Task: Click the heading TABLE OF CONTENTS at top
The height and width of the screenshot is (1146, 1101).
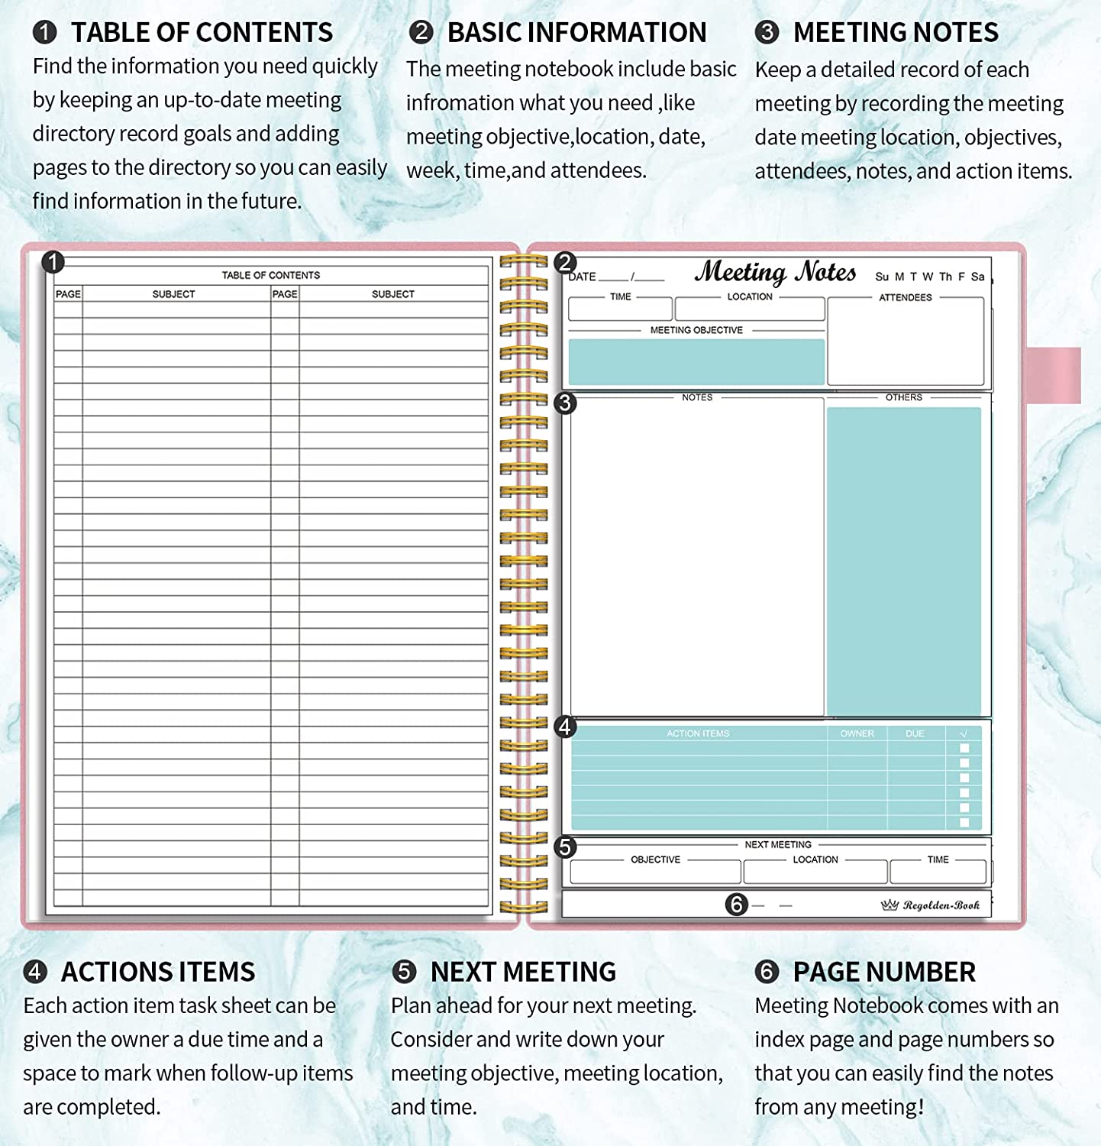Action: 202,33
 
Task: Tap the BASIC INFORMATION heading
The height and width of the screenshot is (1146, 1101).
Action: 576,33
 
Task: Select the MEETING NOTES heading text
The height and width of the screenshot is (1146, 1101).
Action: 896,33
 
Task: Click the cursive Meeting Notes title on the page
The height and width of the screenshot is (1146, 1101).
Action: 775,272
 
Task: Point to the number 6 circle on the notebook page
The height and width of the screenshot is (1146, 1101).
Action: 736,905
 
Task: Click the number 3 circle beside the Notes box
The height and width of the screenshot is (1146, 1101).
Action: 565,403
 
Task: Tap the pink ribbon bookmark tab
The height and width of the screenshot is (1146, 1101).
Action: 1054,375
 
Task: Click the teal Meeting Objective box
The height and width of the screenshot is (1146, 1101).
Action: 696,361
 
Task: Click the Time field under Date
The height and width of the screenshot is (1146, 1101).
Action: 620,309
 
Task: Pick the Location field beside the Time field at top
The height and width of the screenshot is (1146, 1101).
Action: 750,309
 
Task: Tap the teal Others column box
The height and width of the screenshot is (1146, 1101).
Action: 904,562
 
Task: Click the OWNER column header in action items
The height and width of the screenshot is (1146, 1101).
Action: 857,733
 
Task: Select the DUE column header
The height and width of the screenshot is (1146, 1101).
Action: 915,733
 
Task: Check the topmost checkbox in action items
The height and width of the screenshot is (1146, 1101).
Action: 964,749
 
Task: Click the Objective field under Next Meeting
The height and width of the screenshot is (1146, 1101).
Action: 655,872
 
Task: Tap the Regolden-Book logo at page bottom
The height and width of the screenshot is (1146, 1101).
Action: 931,905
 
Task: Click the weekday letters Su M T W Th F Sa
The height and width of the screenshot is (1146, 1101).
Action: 929,277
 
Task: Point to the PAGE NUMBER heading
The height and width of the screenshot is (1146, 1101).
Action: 884,972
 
